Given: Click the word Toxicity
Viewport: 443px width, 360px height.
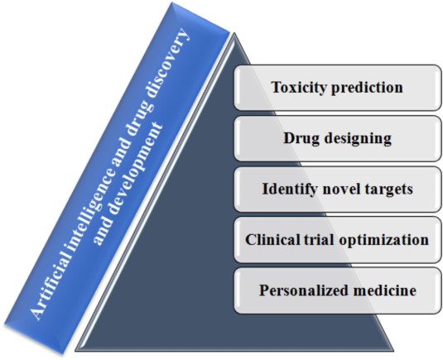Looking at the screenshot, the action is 299,88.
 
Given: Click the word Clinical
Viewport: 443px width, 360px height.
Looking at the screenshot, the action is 272,240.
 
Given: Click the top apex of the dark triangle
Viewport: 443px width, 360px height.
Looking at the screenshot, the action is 234,33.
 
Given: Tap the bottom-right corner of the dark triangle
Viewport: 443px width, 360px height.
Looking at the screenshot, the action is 394,351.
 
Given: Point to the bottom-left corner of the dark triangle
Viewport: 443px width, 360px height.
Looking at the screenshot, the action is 75,351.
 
